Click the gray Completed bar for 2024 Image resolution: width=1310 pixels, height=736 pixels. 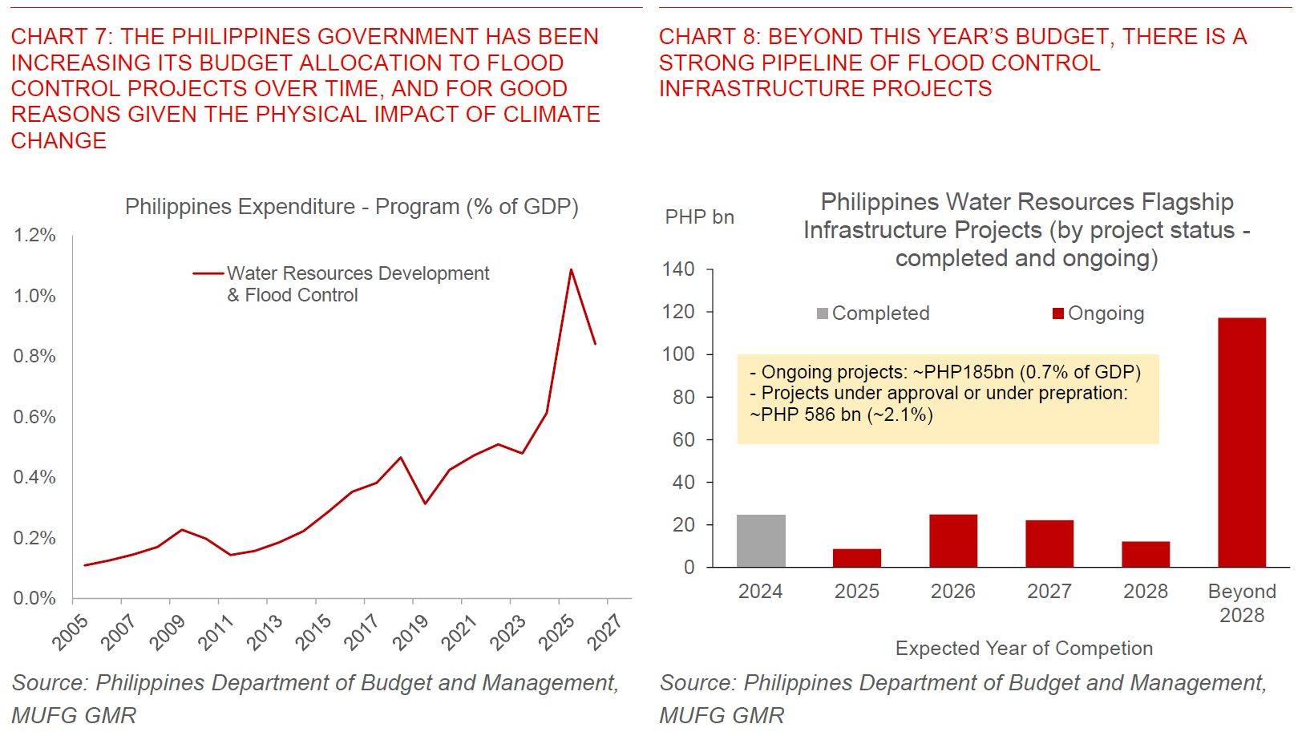pos(761,541)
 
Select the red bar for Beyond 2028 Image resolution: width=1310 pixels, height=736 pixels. pos(1241,443)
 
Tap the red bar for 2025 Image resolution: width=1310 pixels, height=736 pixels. pos(857,558)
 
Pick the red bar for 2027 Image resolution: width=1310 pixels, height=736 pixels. pos(1049,544)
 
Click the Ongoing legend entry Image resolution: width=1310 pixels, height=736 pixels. pos(1098,313)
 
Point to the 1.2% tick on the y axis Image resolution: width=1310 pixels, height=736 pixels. pos(34,235)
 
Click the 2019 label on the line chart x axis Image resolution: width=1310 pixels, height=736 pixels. pos(410,632)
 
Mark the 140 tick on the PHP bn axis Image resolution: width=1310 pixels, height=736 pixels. pos(678,269)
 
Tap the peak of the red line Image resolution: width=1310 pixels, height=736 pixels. pos(571,269)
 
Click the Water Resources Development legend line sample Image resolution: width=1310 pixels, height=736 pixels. pos(208,273)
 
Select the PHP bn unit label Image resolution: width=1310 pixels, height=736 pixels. pos(699,217)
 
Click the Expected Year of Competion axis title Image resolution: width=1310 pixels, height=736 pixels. pos(1024,648)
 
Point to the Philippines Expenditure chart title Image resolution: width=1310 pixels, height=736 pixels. pos(351,207)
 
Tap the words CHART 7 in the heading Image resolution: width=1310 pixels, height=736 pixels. pos(61,37)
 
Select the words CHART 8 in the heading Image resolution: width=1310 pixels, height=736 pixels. pos(709,37)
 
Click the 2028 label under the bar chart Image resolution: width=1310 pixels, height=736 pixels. pos(1145,592)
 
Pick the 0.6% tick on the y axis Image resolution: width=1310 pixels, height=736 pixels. pos(34,417)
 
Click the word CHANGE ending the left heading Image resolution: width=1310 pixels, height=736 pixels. pos(59,141)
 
